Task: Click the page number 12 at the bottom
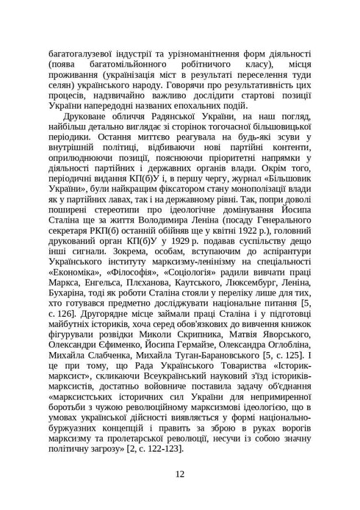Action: coord(180,473)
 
